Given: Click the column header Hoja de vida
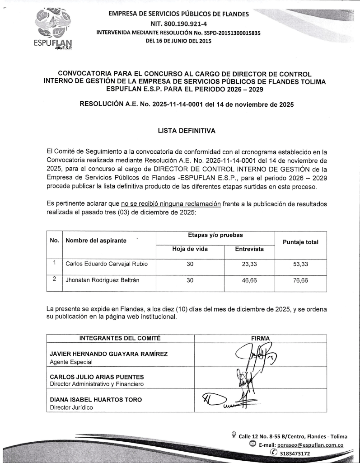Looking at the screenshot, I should coord(190,249).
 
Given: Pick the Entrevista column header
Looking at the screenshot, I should coord(249,249).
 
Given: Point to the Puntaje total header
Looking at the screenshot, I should coord(300,242).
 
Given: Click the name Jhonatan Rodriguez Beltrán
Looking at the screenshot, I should coord(103,280).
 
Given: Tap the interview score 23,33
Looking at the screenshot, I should coord(249,264).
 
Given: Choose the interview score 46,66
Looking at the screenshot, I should coord(249,280).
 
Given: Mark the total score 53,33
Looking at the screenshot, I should coord(300,264).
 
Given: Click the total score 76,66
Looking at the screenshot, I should coord(300,280).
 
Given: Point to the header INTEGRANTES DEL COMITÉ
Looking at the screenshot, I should coord(120,338).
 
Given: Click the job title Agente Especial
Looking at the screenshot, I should coord(71,362).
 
